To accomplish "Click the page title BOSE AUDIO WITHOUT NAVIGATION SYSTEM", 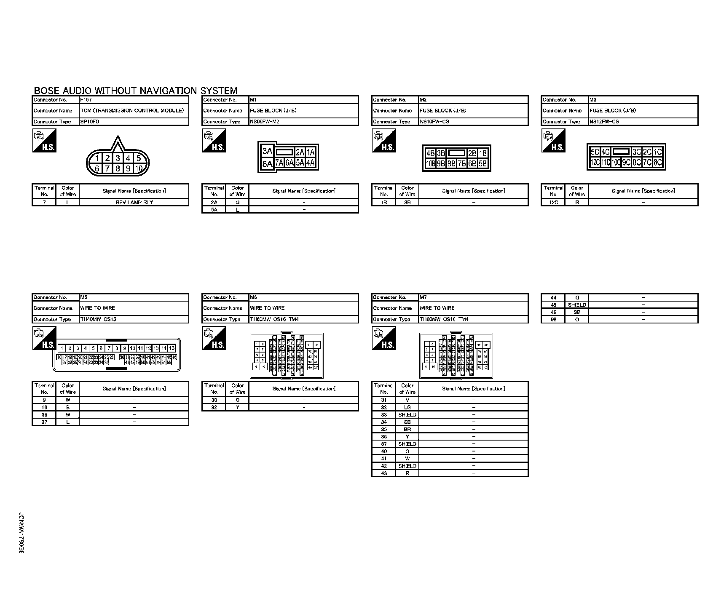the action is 135,91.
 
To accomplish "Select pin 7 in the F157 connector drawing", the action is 107,168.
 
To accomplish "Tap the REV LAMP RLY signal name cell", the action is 134,203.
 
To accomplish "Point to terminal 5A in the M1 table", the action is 214,210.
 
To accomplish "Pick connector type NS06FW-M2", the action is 265,122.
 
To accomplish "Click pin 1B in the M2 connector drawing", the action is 482,153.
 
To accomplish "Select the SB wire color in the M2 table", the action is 407,203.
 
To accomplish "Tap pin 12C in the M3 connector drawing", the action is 595,162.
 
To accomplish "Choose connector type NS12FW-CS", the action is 604,122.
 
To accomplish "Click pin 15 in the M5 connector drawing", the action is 172,348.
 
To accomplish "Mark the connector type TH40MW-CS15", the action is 98,319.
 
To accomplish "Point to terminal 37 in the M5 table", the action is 44,422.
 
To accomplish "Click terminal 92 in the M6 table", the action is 214,407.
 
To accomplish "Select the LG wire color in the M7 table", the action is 407,407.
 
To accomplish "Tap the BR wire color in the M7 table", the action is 407,429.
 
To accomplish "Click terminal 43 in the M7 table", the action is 383,473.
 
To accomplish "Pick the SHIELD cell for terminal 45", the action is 577,305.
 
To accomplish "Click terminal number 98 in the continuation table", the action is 554,320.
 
